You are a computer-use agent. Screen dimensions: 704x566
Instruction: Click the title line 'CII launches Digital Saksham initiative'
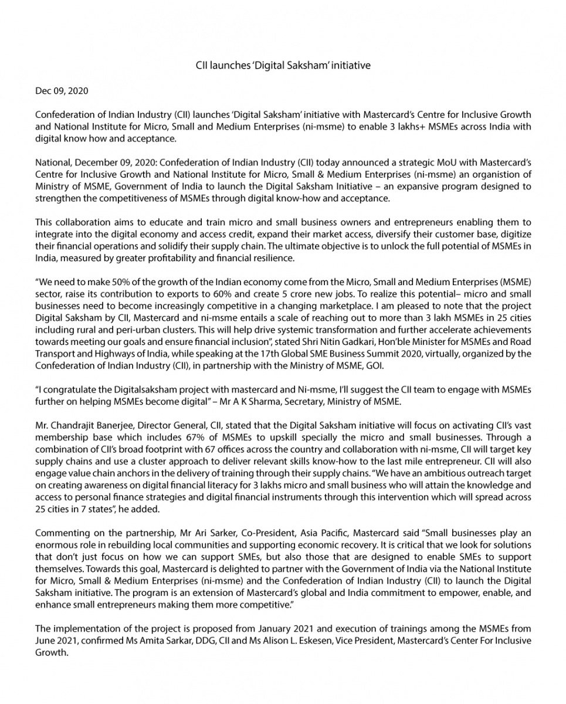pyautogui.click(x=283, y=65)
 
